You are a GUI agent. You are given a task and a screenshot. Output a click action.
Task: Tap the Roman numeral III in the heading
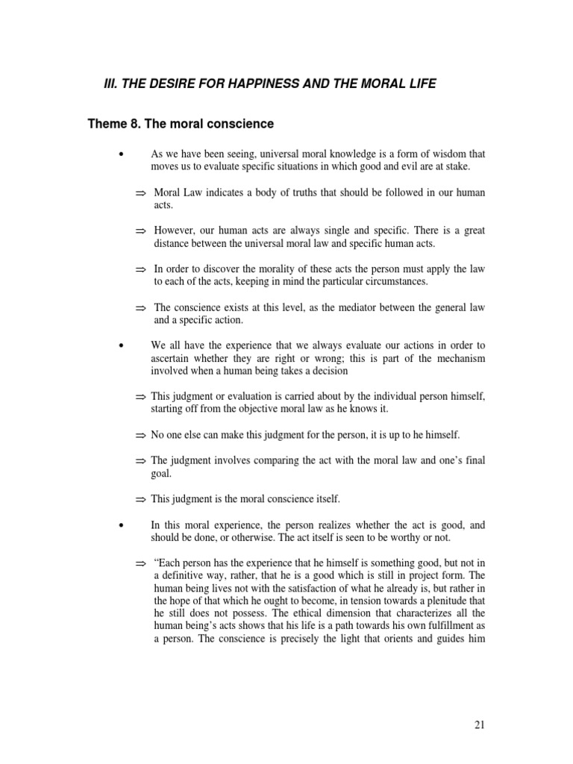pos(110,84)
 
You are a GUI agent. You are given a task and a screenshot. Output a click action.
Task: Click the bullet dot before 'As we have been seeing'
pos(120,154)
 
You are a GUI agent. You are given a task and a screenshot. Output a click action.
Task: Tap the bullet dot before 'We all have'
pos(120,345)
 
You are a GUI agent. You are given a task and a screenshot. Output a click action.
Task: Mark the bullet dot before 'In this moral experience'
pos(120,526)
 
